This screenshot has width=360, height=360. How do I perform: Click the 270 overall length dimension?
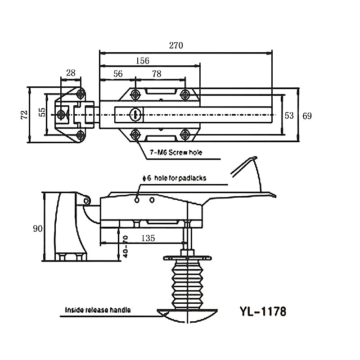pyautogui.click(x=176, y=45)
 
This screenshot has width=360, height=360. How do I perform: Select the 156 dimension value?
pyautogui.click(x=143, y=61)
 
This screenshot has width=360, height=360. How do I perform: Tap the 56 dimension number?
pyautogui.click(x=118, y=74)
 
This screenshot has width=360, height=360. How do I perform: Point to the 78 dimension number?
pyautogui.click(x=157, y=74)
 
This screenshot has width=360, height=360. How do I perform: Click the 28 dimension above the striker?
pyautogui.click(x=71, y=73)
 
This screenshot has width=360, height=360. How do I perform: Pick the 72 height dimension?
pyautogui.click(x=24, y=115)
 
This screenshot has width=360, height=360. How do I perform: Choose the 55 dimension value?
pyautogui.click(x=42, y=112)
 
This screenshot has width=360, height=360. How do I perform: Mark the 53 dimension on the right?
pyautogui.click(x=289, y=115)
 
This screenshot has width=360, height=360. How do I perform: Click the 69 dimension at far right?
pyautogui.click(x=307, y=116)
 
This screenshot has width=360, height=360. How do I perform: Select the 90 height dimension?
pyautogui.click(x=38, y=229)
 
